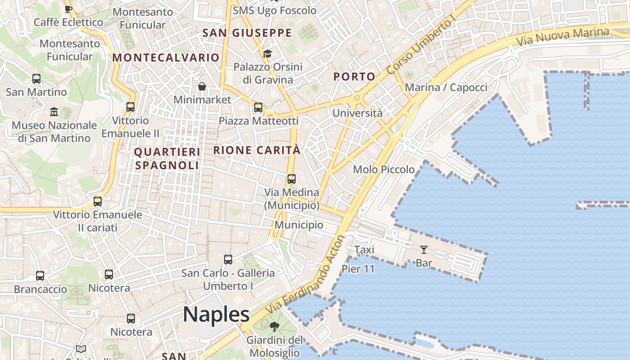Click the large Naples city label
coord(216,314)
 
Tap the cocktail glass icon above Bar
coord(423,250)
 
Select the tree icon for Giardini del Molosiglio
coord(274,327)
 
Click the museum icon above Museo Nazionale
coord(54,111)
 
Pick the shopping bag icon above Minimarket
coord(202,86)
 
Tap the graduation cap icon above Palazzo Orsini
coord(267,54)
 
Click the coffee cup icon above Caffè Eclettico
coord(68,9)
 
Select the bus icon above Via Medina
coord(292,179)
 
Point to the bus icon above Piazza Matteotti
coord(258,108)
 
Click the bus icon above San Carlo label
coord(228,260)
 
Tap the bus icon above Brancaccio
coord(40,276)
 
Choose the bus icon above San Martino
coord(36,79)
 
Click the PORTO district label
coord(354,77)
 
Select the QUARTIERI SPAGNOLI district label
coord(167,158)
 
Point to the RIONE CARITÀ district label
coord(256,150)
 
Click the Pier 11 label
coord(358,269)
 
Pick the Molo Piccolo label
coord(384,170)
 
